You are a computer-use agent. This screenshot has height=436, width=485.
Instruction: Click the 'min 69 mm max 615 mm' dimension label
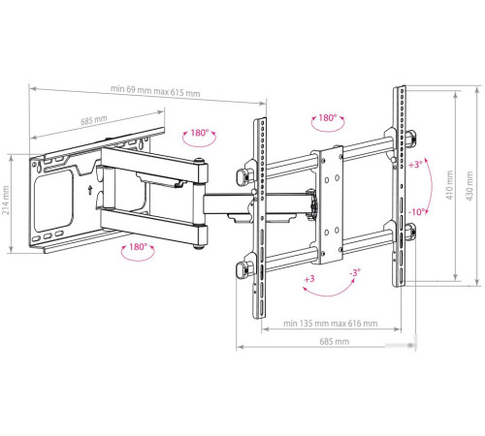(x=155, y=91)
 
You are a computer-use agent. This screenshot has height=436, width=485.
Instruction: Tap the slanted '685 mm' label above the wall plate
(x=94, y=120)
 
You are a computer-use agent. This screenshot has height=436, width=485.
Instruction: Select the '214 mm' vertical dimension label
(x=6, y=201)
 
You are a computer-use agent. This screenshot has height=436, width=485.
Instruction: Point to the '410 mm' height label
(x=450, y=185)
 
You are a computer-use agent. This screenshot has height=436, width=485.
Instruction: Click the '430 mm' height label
(x=469, y=186)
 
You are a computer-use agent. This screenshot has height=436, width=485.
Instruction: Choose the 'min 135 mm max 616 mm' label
(x=330, y=324)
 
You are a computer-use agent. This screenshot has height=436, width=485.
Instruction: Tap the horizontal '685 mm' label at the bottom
(x=335, y=341)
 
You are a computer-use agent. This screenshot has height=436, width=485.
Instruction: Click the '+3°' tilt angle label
(x=415, y=165)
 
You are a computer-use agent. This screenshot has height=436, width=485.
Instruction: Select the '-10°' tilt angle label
(x=417, y=212)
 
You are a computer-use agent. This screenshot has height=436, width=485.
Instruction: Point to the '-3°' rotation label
(x=355, y=273)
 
